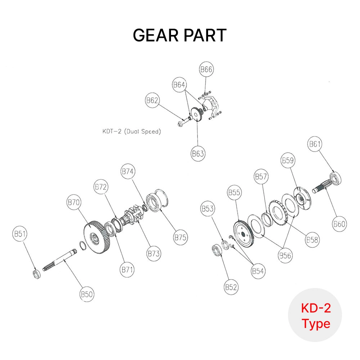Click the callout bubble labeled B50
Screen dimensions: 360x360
pos(87,294)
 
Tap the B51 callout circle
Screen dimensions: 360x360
pos(20,234)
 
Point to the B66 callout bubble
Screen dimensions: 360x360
pos(206,70)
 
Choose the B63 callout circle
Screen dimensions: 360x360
pos(198,154)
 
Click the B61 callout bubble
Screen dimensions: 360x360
pos(315,144)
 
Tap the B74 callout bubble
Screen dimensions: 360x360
pos(128,172)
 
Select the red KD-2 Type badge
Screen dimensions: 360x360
pos(315,315)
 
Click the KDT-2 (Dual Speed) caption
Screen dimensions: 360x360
pos(131,131)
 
